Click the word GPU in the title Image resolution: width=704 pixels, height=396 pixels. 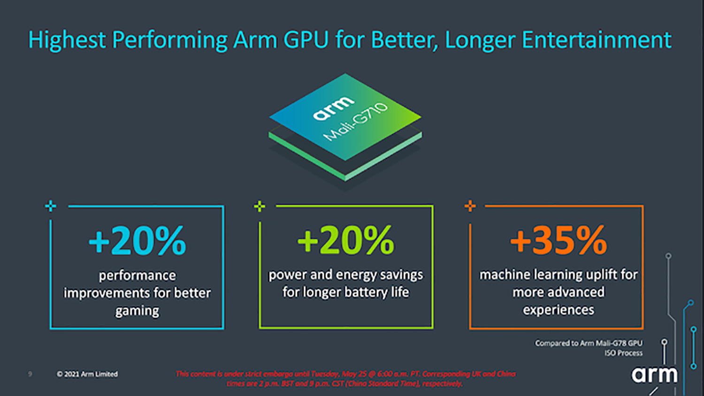click(x=306, y=40)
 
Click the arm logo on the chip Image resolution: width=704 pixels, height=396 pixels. click(x=333, y=108)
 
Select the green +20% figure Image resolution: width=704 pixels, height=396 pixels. click(x=346, y=240)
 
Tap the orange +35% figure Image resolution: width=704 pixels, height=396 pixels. click(x=559, y=240)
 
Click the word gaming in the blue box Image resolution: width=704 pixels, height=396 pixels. click(x=137, y=311)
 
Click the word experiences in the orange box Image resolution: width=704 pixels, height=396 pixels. click(x=559, y=310)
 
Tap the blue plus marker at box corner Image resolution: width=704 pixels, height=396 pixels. click(x=51, y=206)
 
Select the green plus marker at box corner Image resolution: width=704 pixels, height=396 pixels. click(x=260, y=206)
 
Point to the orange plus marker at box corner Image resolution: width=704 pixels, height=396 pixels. click(x=470, y=206)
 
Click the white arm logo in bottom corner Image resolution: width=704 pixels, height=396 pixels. click(x=654, y=375)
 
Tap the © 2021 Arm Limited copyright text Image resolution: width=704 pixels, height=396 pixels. click(x=87, y=374)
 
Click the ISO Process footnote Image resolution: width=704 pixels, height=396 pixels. click(x=623, y=353)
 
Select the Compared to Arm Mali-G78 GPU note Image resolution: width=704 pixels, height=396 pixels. click(x=589, y=343)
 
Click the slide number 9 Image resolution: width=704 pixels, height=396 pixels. click(x=30, y=374)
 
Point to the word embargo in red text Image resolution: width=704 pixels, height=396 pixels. click(x=280, y=374)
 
